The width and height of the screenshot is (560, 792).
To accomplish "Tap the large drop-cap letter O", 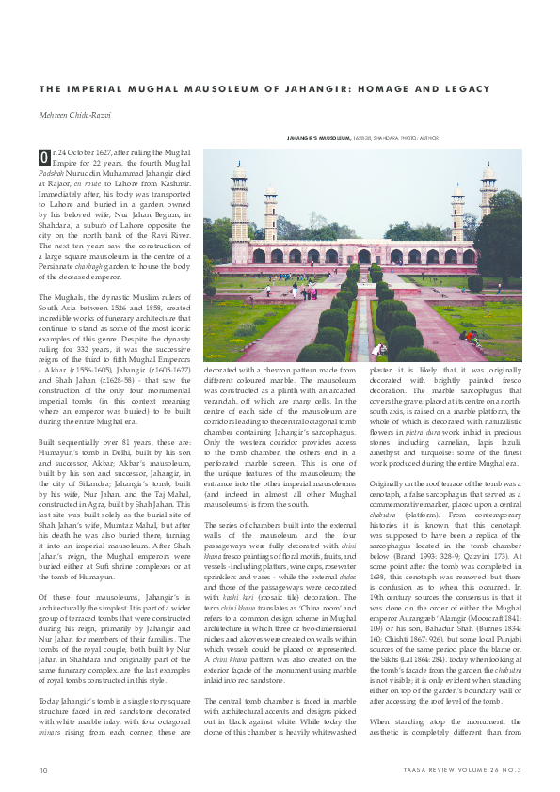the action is tap(43, 156).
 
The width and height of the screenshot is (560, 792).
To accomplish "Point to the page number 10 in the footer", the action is tap(43, 771).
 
